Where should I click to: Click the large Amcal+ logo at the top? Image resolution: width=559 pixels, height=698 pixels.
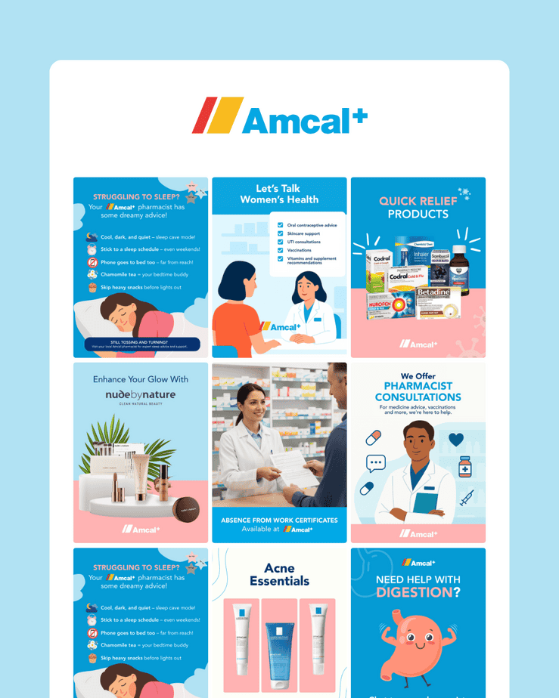(279, 116)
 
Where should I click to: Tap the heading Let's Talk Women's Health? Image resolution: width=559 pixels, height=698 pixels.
(279, 194)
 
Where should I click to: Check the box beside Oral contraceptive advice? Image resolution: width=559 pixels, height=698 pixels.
(281, 225)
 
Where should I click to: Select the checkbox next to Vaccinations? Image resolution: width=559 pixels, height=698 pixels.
(281, 250)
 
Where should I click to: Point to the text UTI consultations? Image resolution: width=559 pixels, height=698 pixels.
(304, 242)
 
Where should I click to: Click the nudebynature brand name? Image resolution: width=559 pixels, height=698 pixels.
(140, 395)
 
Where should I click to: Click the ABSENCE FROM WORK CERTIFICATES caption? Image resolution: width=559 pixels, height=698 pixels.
(279, 520)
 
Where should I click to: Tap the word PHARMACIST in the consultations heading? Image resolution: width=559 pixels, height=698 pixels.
(418, 386)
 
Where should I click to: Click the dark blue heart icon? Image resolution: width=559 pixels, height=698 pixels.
(456, 439)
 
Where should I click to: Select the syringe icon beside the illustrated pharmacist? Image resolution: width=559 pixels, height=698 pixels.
(466, 498)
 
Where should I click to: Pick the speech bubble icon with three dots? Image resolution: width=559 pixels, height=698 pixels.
(376, 462)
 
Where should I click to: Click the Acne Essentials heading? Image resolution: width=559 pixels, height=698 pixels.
(279, 574)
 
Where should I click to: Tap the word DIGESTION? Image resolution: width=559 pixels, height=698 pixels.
(413, 593)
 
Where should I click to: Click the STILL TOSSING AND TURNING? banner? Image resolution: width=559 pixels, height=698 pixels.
(141, 344)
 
